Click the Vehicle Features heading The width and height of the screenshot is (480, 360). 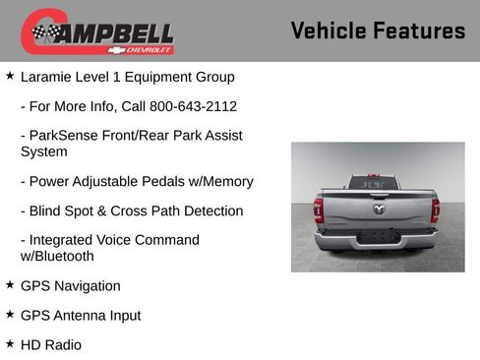point(378,30)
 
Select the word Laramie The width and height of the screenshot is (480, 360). point(48,77)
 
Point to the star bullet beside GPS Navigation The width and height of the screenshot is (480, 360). point(10,285)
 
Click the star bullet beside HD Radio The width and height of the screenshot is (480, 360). point(10,344)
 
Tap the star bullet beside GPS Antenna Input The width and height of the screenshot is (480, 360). point(10,315)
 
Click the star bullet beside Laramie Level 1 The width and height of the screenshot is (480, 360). point(10,76)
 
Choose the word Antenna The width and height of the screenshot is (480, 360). point(83,316)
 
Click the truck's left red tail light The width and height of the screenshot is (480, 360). point(319,210)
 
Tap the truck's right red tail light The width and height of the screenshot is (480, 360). point(435,210)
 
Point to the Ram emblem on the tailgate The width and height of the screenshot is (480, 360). point(378,209)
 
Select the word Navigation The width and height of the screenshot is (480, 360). point(87,286)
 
